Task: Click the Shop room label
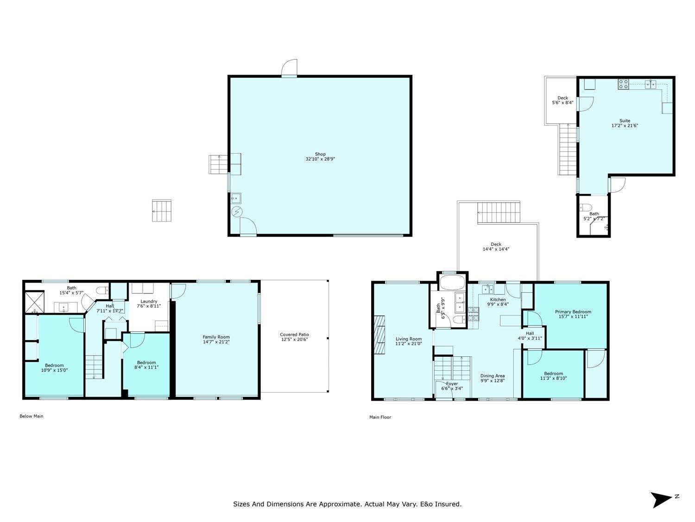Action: pyautogui.click(x=320, y=154)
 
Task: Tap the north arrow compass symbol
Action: pyautogui.click(x=661, y=500)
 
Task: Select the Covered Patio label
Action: pyautogui.click(x=294, y=335)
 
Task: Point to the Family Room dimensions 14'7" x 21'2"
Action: pyautogui.click(x=216, y=342)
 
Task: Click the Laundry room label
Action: pyautogui.click(x=149, y=301)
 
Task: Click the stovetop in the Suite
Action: pyautogui.click(x=623, y=84)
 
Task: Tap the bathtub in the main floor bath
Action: pyautogui.click(x=452, y=282)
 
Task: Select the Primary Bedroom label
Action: pyautogui.click(x=573, y=311)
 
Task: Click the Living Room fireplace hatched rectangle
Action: pyautogui.click(x=379, y=334)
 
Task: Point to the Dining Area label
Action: pyautogui.click(x=493, y=376)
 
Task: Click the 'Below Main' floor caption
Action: pyautogui.click(x=32, y=416)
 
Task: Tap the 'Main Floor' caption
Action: pyautogui.click(x=380, y=417)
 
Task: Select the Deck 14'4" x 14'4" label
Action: pyautogui.click(x=496, y=246)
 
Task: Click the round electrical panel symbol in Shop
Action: pyautogui.click(x=237, y=212)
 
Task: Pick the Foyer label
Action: pyautogui.click(x=452, y=384)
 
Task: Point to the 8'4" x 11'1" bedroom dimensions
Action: pyautogui.click(x=146, y=367)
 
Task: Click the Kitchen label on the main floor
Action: pyautogui.click(x=498, y=299)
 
